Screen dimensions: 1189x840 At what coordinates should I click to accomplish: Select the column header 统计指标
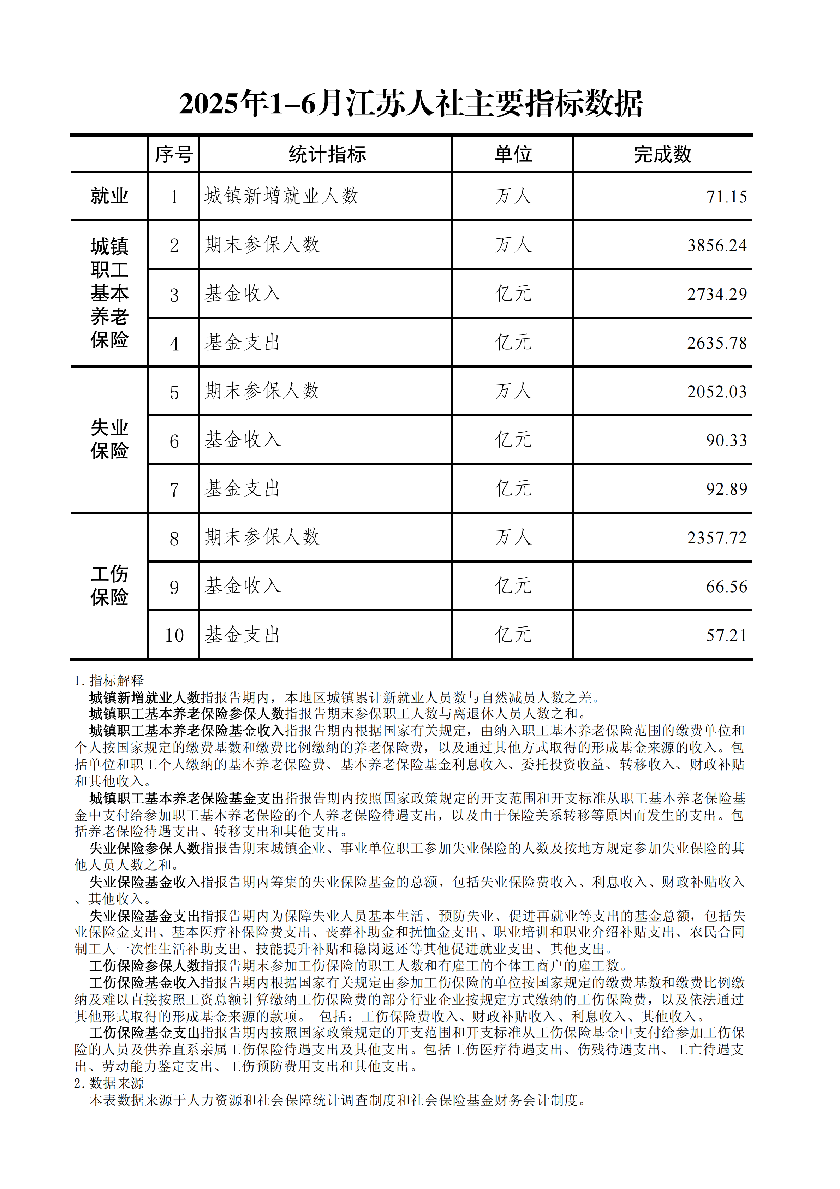coord(327,154)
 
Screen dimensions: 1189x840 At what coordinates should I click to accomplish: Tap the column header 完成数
coord(662,154)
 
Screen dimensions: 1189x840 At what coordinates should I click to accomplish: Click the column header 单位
coord(513,154)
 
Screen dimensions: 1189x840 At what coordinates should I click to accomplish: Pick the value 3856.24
coord(717,245)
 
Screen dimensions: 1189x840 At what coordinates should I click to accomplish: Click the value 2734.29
coord(717,294)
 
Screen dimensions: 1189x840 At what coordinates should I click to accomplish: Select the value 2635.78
coord(717,343)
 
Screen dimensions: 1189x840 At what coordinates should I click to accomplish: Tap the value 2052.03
coord(717,392)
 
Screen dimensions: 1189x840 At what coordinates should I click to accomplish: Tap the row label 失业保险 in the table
coord(109,439)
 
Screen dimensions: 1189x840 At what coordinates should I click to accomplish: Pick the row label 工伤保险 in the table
coord(109,585)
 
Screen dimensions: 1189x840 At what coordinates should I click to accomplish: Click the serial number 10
coord(174,635)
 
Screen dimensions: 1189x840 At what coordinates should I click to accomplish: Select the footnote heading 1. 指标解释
coord(109,680)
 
